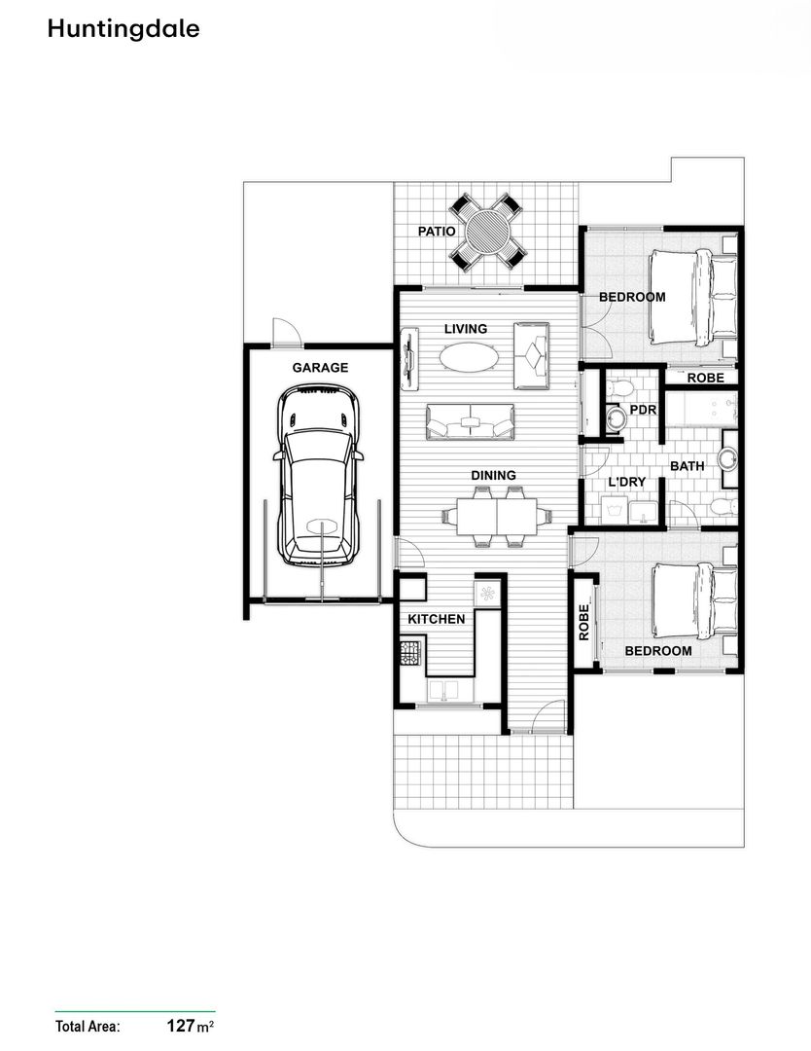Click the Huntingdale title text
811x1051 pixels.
(123, 29)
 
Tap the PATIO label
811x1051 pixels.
(437, 232)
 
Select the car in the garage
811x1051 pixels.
(318, 475)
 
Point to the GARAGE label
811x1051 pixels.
(320, 368)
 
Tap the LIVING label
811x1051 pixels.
(466, 329)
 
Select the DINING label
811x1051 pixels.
(493, 475)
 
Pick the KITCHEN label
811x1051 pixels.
(436, 619)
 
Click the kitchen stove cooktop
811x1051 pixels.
(408, 651)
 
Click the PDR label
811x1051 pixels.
(643, 410)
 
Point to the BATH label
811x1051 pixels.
(687, 466)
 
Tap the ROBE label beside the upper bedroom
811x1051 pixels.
(705, 378)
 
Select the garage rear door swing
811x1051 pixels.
(284, 332)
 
